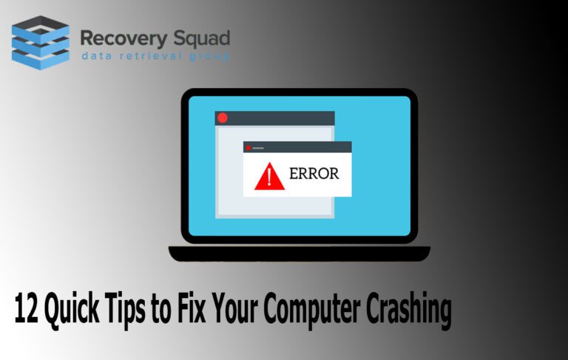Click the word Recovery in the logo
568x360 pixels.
coord(124,39)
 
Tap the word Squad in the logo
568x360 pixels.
coord(202,38)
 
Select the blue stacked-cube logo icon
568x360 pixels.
coord(40,42)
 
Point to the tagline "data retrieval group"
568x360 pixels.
coord(156,56)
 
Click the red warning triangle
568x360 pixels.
coord(269,177)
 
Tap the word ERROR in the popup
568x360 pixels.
coord(314,174)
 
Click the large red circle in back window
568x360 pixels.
coord(223,118)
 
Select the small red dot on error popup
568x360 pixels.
coord(248,148)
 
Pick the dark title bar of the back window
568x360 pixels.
coord(274,118)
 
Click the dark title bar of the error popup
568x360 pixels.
coord(297,147)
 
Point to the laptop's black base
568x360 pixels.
coord(300,254)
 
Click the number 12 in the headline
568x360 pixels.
coord(26,308)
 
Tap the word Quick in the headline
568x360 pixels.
coord(72,310)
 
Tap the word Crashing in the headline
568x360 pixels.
coord(408,310)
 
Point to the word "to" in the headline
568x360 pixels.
coord(160,310)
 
